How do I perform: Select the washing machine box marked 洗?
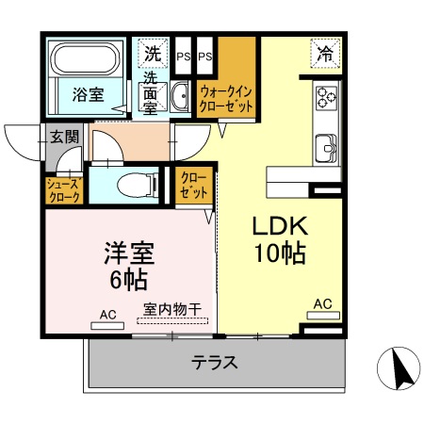pos(153,54)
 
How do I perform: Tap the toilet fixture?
pos(136,184)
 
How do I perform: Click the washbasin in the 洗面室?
pos(180,92)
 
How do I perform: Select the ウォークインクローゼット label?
pos(226,99)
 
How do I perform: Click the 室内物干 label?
pos(174,309)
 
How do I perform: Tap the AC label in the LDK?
pos(322,303)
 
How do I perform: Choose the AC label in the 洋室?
pos(106,314)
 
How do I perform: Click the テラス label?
pos(214,361)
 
